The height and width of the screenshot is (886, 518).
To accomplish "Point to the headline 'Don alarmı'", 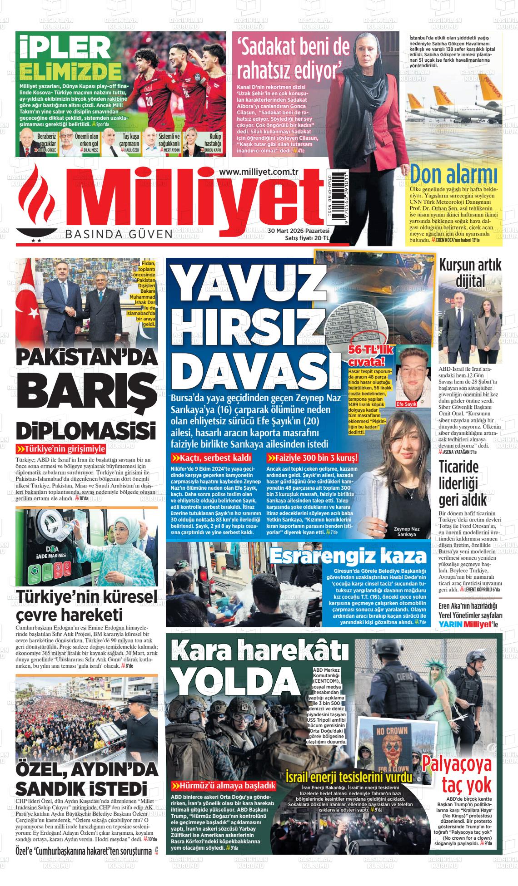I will click(453, 173).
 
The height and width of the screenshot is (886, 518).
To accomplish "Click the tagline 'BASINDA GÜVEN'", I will click(119, 234).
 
